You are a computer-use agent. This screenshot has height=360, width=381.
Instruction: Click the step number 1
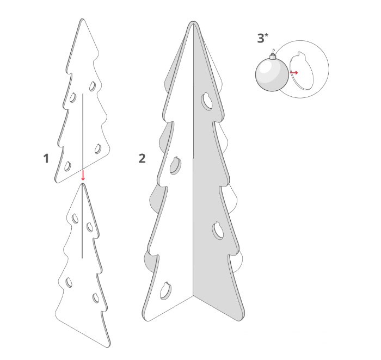point(46,158)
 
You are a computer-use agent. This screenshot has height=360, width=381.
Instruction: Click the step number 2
point(142,158)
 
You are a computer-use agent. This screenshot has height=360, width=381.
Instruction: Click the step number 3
point(261,39)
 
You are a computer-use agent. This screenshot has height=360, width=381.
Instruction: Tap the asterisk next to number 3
point(267,35)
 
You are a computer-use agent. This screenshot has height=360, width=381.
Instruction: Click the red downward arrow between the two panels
point(83,175)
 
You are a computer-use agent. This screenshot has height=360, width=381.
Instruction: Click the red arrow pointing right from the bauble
point(294,72)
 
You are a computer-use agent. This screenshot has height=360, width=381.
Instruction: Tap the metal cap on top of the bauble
point(273,57)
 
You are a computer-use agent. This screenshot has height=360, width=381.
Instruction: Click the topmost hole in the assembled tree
point(207,101)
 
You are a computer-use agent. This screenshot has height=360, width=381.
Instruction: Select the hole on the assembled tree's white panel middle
point(175,165)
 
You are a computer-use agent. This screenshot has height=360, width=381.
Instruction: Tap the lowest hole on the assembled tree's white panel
point(165,290)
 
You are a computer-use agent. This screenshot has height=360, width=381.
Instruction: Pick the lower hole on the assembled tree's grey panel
point(218,231)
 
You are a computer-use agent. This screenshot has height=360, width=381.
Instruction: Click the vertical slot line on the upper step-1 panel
point(83,131)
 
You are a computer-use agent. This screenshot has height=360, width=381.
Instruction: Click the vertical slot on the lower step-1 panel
point(82,221)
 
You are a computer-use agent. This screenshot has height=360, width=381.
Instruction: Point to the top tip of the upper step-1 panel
point(82,19)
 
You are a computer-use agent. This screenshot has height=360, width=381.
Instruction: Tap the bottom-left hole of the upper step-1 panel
point(67,166)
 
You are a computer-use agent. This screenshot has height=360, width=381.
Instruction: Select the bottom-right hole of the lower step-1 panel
point(96,298)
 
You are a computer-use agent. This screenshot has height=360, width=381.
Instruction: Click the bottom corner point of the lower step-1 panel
point(108,347)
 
